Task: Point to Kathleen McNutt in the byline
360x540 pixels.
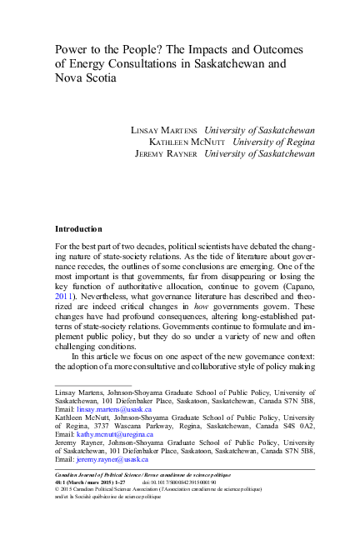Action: coord(185,142)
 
